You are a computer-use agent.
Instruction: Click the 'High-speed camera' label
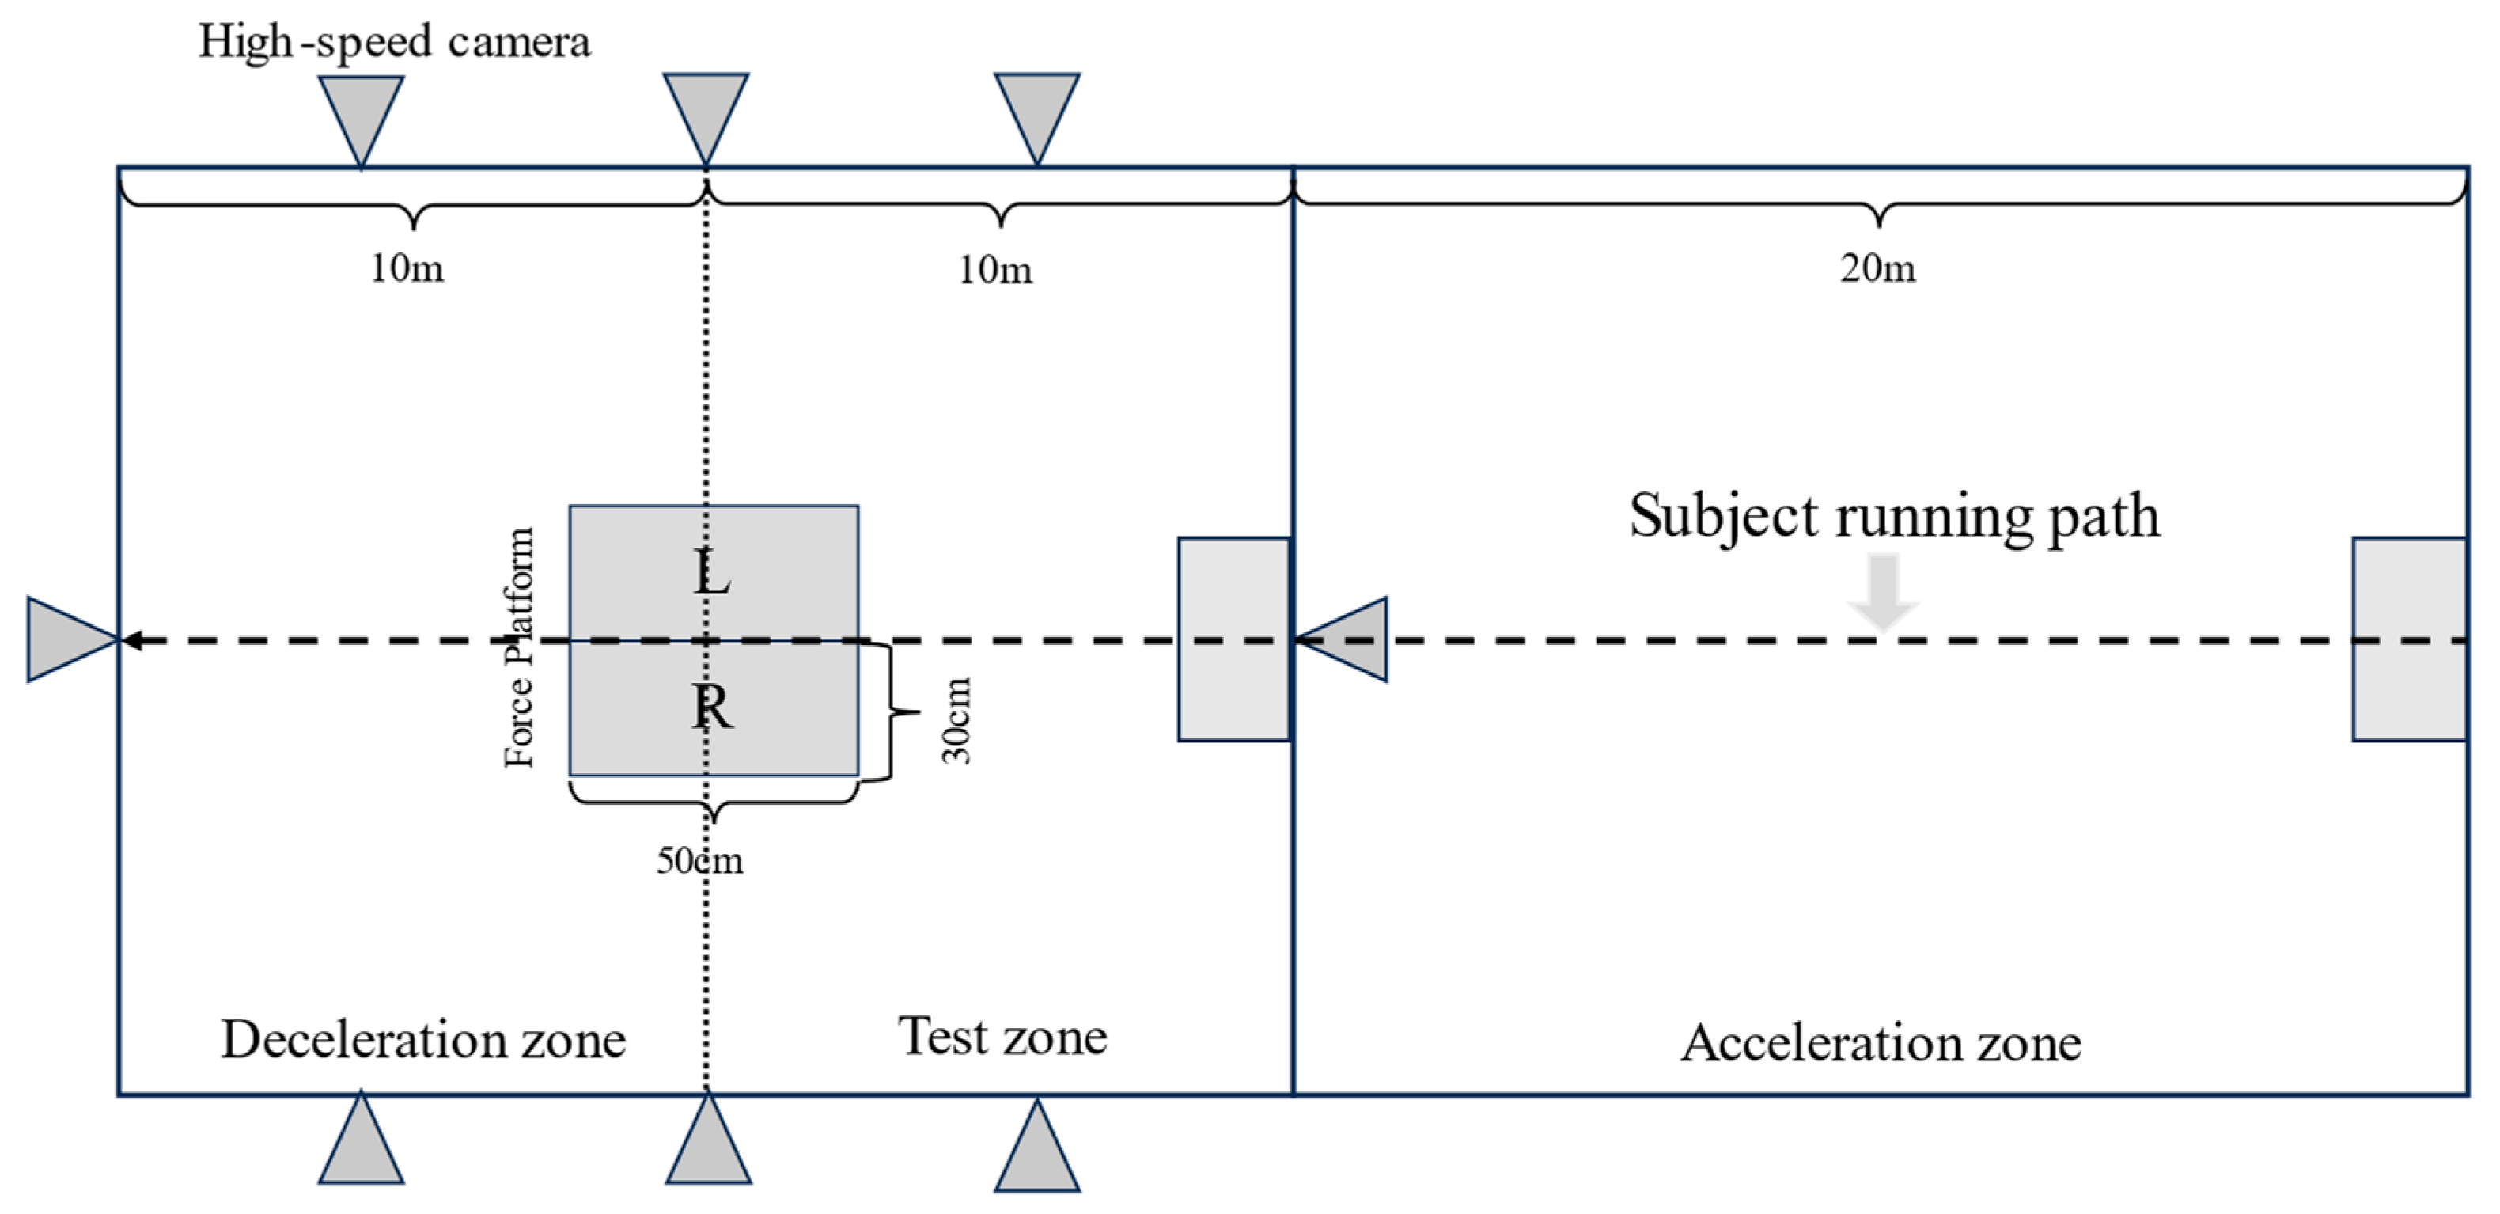click(x=394, y=43)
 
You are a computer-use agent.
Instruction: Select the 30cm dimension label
click(x=957, y=720)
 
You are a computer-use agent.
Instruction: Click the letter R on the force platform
click(x=712, y=707)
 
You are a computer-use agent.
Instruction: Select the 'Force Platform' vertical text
click(x=519, y=647)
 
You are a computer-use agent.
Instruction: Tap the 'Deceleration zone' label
click(x=423, y=1039)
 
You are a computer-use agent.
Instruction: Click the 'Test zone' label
click(x=1002, y=1037)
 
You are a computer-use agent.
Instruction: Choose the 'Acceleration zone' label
click(x=1881, y=1043)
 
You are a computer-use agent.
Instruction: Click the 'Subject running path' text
click(x=1895, y=515)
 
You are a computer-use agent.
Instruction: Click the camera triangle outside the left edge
click(x=66, y=639)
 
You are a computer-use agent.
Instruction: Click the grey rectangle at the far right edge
click(x=2410, y=639)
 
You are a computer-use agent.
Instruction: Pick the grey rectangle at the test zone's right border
click(x=1233, y=639)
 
